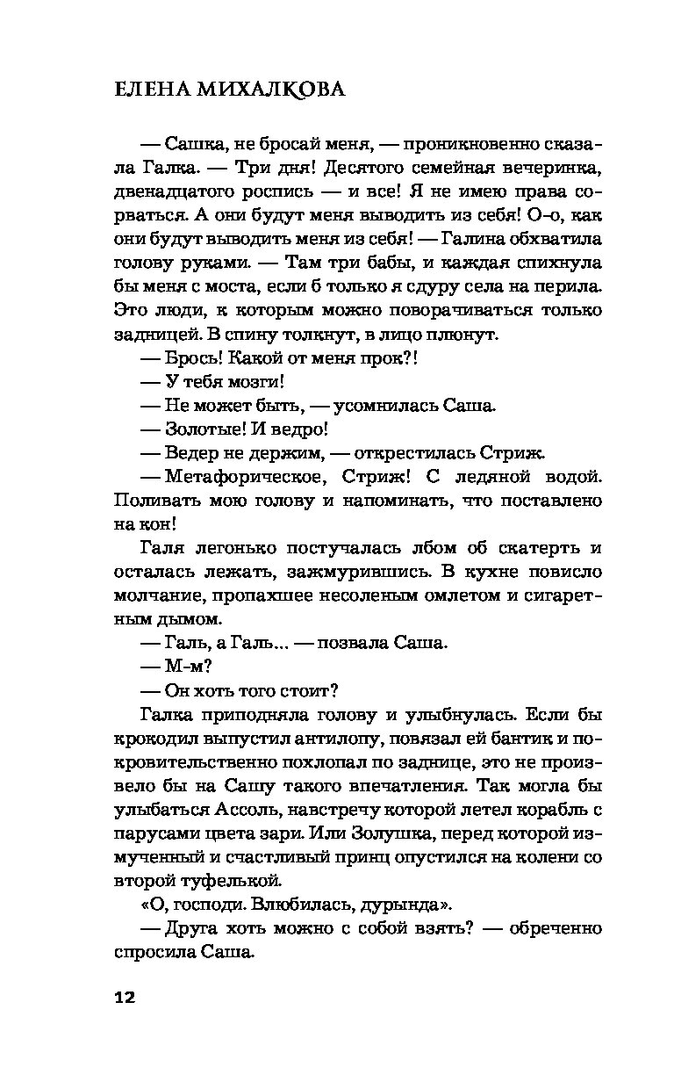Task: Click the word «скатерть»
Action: pos(539,548)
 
